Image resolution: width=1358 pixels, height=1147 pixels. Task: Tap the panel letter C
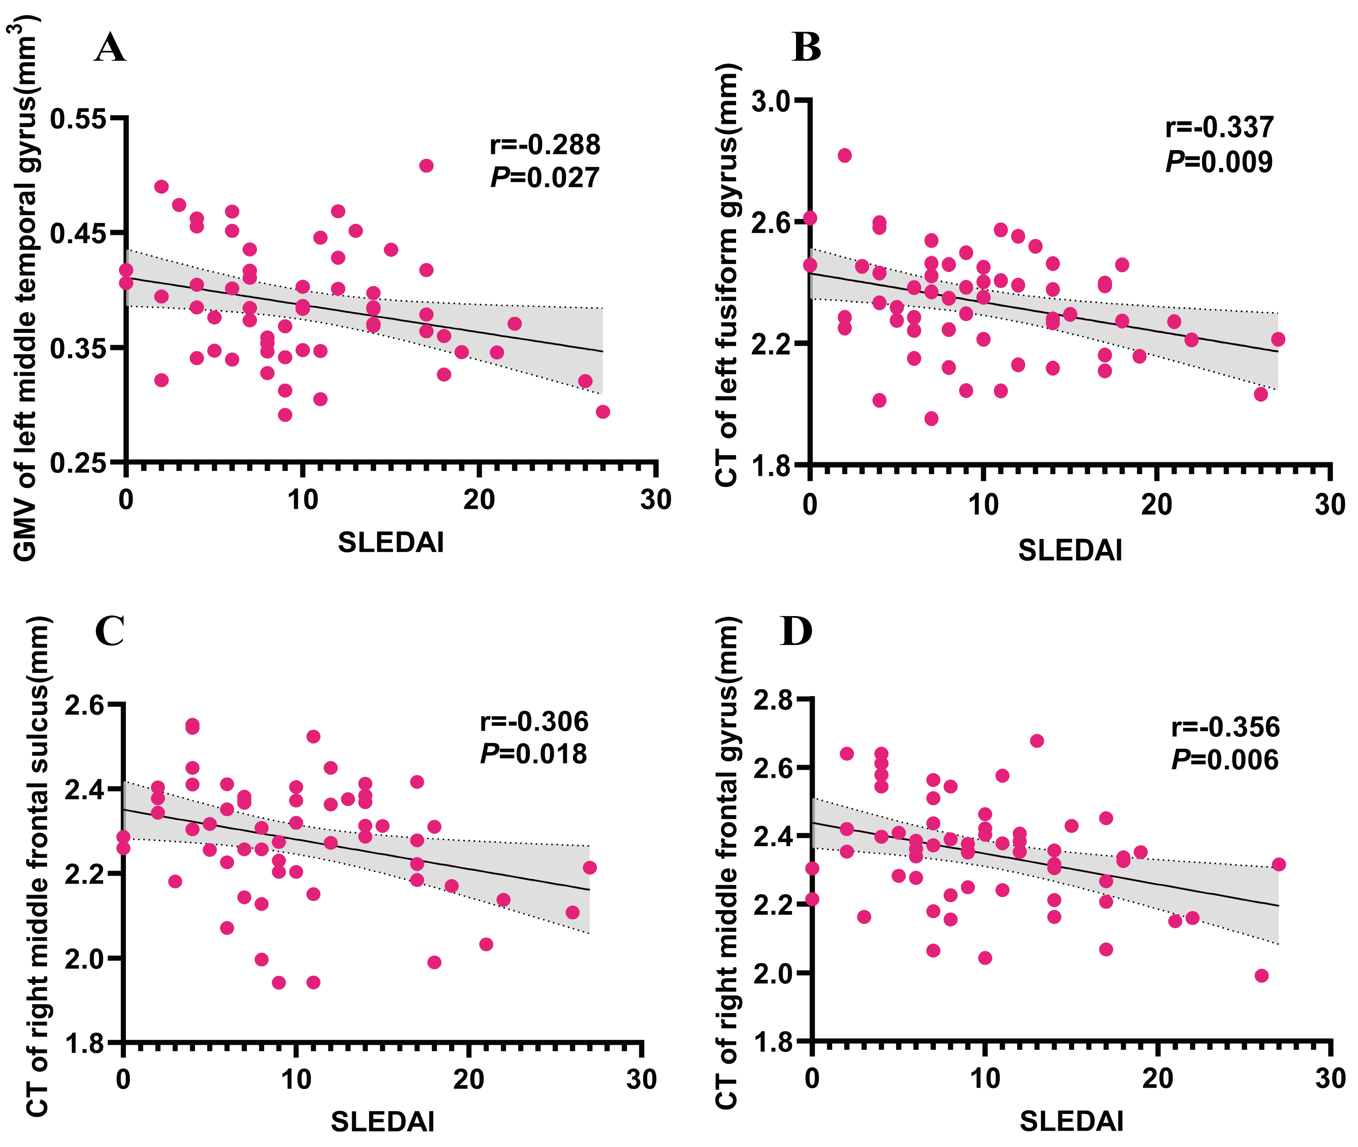[x=109, y=631]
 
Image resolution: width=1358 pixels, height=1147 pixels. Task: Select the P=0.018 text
[x=533, y=754]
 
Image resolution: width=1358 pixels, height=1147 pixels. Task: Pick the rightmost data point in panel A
[x=603, y=411]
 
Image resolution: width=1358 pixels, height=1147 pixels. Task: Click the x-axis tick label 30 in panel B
[x=1330, y=505]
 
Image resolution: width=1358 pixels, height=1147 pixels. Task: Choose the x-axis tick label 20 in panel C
[x=468, y=1080]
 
